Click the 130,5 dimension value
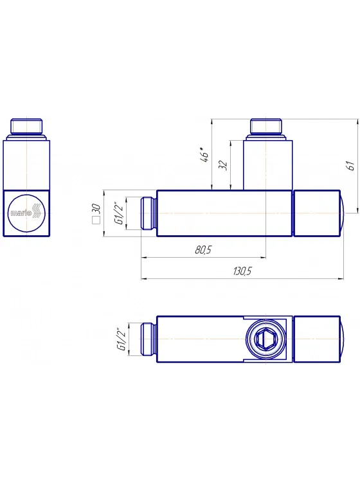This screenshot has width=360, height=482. tap(242, 271)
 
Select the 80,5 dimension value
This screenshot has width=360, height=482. tap(203, 250)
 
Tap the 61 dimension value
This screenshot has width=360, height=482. tap(351, 165)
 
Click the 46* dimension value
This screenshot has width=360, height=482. tap(204, 155)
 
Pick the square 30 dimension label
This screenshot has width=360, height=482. tap(96, 213)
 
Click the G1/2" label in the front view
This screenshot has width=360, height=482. tap(119, 213)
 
